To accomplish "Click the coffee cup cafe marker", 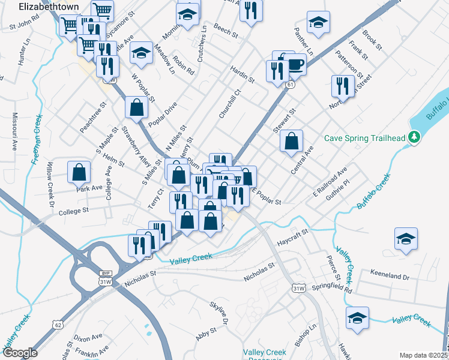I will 294,64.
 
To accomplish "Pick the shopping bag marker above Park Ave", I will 79,172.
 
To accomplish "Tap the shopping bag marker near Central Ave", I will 291,142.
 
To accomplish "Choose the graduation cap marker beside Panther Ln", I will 318,23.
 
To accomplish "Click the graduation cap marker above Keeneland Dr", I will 406,238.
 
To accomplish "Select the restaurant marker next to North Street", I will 342,86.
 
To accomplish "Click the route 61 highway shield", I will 290,85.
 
